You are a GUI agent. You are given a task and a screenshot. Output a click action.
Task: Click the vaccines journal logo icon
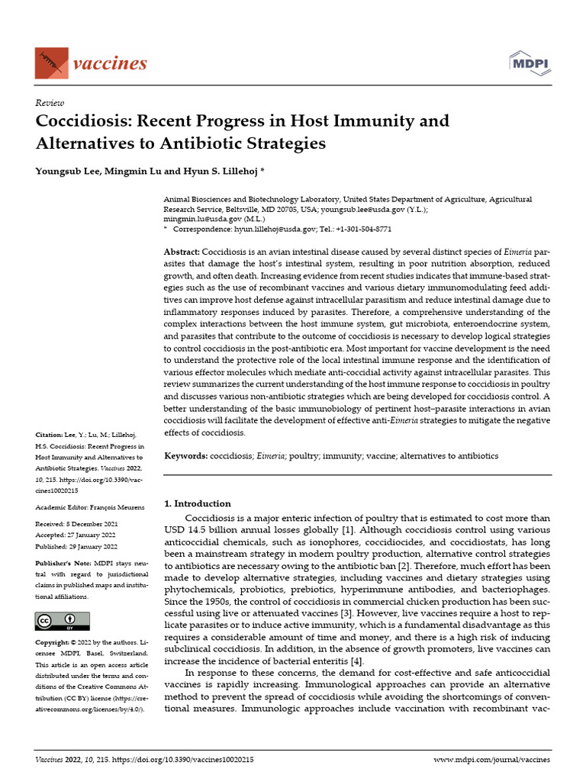tap(51, 62)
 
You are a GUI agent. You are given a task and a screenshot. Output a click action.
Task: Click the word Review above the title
tap(50, 103)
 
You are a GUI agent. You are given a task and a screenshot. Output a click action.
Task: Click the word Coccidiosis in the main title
tap(86, 121)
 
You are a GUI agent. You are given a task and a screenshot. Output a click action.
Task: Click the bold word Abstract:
tap(182, 252)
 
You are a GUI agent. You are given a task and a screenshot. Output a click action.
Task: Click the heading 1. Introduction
tap(198, 503)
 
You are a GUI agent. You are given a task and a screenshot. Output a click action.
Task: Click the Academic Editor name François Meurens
tap(116, 507)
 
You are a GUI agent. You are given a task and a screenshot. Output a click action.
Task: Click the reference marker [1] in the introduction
tap(346, 529)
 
